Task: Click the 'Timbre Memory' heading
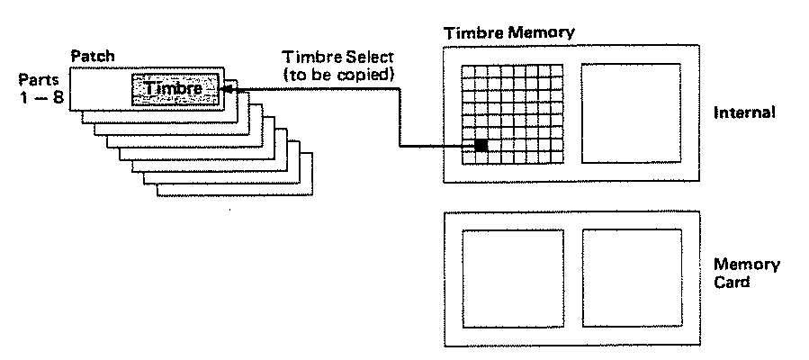tap(509, 33)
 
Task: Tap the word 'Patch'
tap(93, 56)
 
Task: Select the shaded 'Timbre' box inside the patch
tap(175, 89)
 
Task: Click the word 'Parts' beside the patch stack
tap(39, 80)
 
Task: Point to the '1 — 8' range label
tap(40, 97)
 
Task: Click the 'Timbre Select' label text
tap(337, 57)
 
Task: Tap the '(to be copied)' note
tap(338, 75)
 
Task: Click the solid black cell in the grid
tap(481, 145)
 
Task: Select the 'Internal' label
tap(744, 113)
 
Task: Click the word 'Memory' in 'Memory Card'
tap(747, 265)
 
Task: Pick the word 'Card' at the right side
tap(732, 283)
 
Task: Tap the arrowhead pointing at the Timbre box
tap(226, 89)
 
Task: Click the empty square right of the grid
tap(632, 113)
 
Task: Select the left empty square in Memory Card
tap(513, 278)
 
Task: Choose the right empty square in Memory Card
tap(633, 278)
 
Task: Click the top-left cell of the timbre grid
tap(468, 71)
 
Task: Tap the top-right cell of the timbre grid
tap(557, 71)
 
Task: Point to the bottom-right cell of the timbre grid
tap(557, 157)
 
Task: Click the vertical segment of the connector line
tap(400, 118)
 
